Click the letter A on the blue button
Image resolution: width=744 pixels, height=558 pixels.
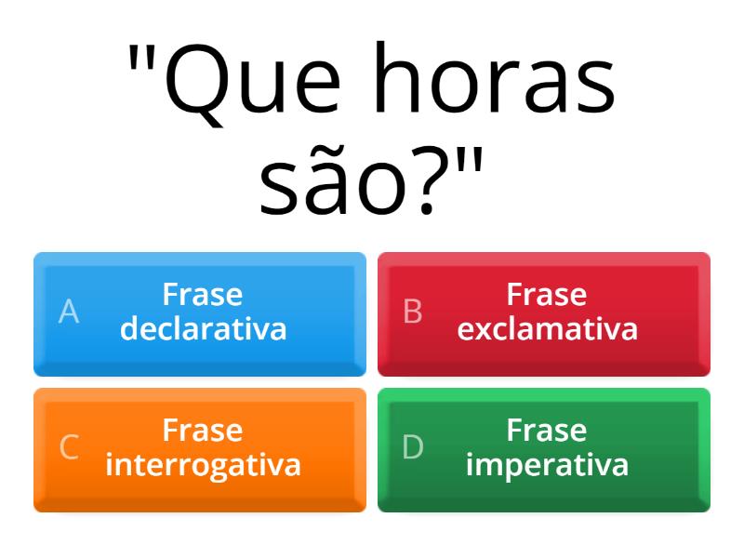[x=69, y=312]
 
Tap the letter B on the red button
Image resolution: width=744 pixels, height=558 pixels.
[x=413, y=312]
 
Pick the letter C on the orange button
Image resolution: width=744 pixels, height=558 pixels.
[x=69, y=448]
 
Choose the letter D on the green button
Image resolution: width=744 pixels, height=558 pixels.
[x=413, y=448]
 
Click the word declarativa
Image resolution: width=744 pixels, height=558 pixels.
[x=203, y=329]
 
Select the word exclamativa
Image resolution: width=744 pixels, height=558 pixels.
[x=547, y=329]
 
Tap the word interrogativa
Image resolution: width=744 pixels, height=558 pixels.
[x=203, y=465]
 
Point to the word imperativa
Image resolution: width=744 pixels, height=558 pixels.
[x=547, y=465]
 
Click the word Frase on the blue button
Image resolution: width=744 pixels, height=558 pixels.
[x=203, y=296]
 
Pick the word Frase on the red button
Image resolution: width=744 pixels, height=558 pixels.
[x=547, y=296]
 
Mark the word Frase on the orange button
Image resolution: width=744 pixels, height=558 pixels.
[x=203, y=432]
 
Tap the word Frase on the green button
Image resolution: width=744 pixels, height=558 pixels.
[x=547, y=432]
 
